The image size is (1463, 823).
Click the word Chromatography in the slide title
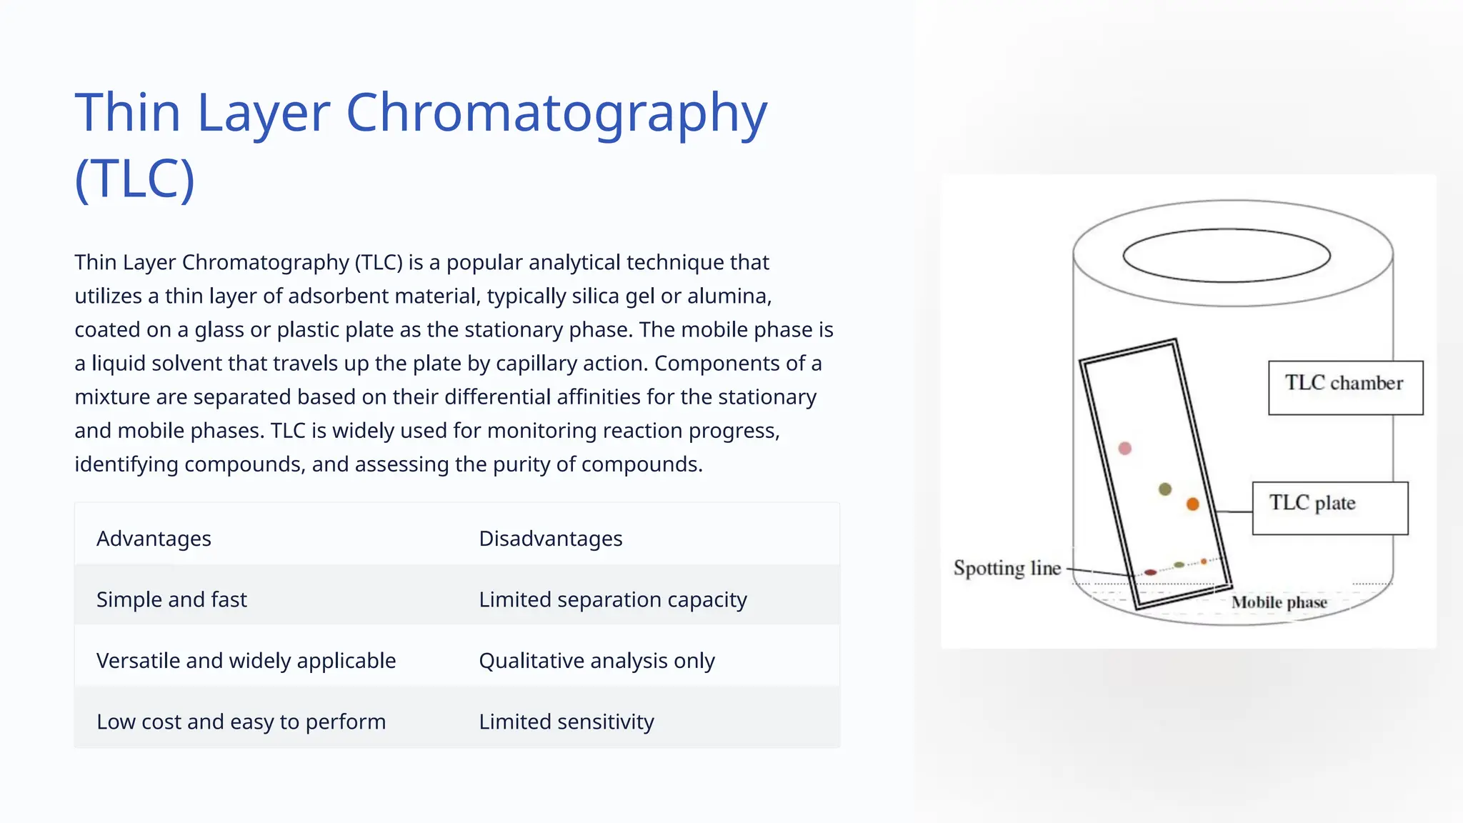tap(556, 113)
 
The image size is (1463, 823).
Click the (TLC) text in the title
tap(134, 179)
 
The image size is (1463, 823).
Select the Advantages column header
tap(154, 539)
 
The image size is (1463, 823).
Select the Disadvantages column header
tap(550, 539)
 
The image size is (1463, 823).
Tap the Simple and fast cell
tap(171, 599)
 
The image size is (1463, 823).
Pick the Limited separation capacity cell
tap(612, 599)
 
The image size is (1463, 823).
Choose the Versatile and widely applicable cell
tap(246, 661)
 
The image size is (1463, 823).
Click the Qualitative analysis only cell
tap(596, 661)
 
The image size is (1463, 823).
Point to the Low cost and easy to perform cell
tap(241, 722)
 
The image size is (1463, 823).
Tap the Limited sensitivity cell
tap(566, 722)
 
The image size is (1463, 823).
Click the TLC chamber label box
tap(1345, 387)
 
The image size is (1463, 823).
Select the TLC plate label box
tap(1329, 508)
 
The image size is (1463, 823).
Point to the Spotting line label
tap(1007, 569)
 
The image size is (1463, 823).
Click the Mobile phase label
tap(1279, 603)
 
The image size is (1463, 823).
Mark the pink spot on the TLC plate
tap(1125, 449)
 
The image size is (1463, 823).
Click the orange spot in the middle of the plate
tap(1192, 504)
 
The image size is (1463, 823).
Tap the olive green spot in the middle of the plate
tap(1165, 489)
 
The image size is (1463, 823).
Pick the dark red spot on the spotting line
tap(1150, 572)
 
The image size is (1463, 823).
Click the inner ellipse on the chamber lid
tap(1226, 256)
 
